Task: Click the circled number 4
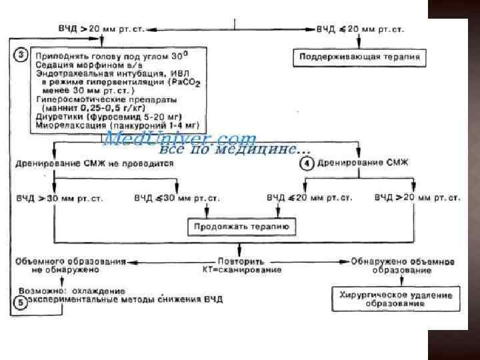[306, 164]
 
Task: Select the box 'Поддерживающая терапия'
[359, 57]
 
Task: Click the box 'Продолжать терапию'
[241, 227]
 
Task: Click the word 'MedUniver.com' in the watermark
[180, 139]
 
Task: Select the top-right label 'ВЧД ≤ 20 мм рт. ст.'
[359, 31]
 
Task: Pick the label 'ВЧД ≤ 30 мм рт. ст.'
[177, 198]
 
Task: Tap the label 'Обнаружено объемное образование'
[403, 265]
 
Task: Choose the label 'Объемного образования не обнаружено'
[69, 265]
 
